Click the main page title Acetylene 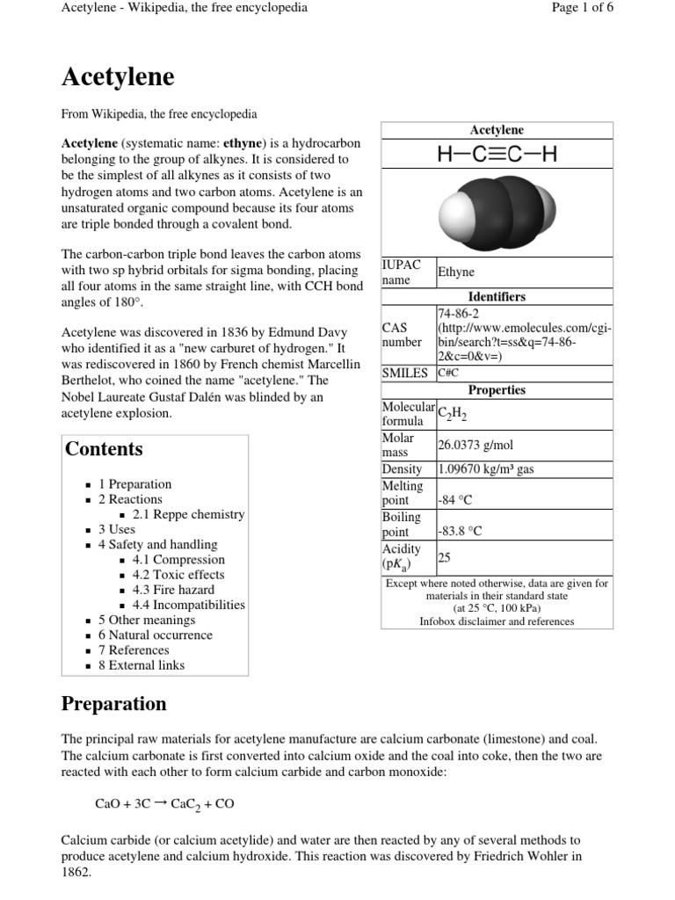pos(118,78)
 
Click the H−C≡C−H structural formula pos(497,156)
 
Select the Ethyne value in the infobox pos(456,272)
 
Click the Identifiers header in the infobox pos(497,297)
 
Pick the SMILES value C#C pos(448,373)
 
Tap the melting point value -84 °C pos(455,500)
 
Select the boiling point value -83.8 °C pos(460,532)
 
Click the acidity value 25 pos(445,556)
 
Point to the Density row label pos(402,469)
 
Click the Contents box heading pos(104,449)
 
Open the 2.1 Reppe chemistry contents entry pos(188,514)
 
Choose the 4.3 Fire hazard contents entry pos(173,590)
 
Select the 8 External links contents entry pos(142,665)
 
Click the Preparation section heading pos(113,704)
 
